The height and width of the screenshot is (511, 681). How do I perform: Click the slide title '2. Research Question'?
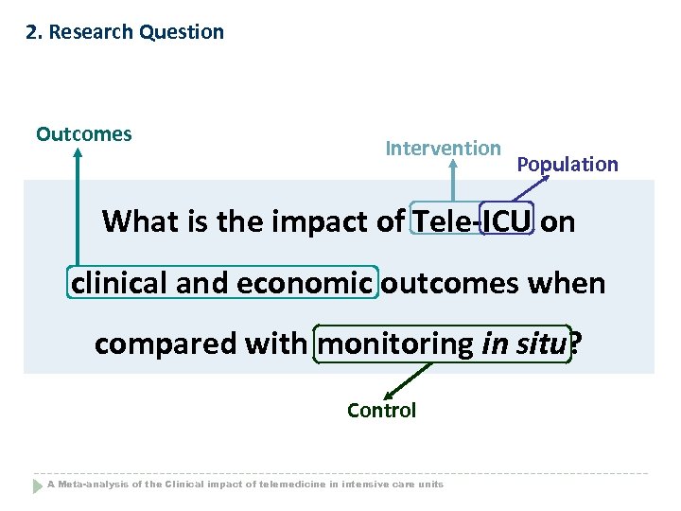pyautogui.click(x=125, y=32)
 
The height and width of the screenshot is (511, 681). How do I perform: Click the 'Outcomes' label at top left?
pyautogui.click(x=84, y=134)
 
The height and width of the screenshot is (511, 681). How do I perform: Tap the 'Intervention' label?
pyautogui.click(x=443, y=149)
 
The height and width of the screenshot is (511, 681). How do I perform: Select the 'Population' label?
pyautogui.click(x=567, y=165)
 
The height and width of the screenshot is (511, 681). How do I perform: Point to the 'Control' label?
pyautogui.click(x=381, y=411)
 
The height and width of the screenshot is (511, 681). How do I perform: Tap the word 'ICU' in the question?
pyautogui.click(x=507, y=221)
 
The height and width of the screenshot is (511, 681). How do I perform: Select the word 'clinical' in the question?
pyautogui.click(x=121, y=283)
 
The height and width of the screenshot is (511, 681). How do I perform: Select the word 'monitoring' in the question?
pyautogui.click(x=396, y=344)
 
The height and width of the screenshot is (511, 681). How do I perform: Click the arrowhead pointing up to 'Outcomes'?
pyautogui.click(x=79, y=153)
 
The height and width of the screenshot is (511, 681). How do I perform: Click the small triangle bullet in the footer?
pyautogui.click(x=39, y=485)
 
